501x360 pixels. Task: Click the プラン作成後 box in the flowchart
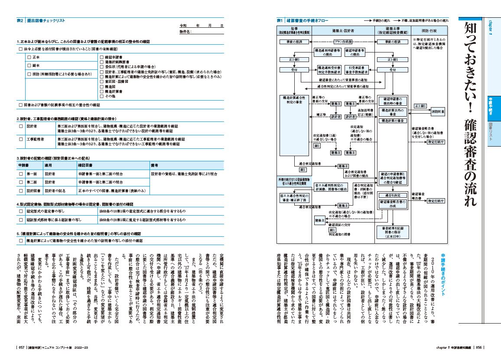coord(343,42)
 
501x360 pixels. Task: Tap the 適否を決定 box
coord(393,195)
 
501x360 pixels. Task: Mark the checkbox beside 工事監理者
coord(20,139)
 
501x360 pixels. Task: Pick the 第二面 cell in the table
coord(32,182)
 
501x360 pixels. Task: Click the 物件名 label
coord(185,32)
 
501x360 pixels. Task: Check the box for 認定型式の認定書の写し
coord(20,211)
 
